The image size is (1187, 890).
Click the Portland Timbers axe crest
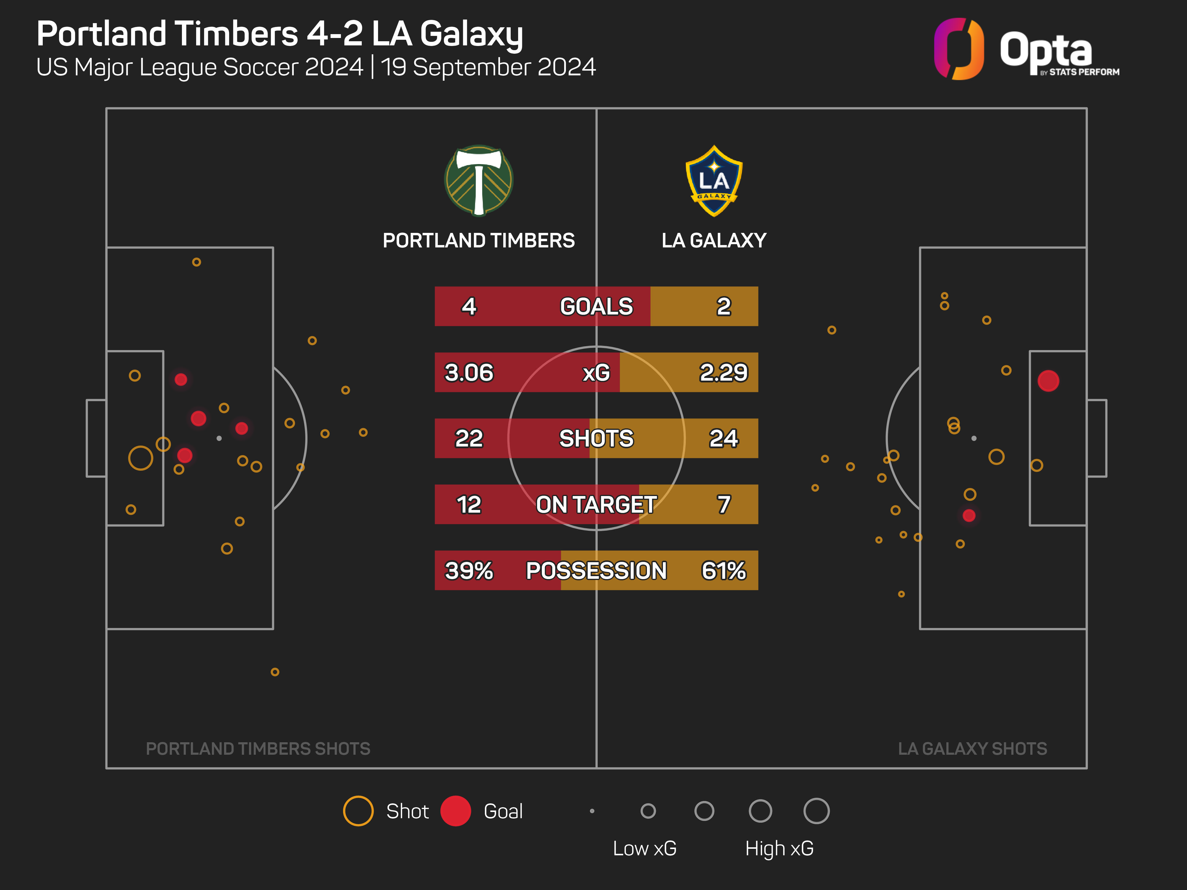tap(479, 181)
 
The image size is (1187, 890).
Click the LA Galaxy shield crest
tap(714, 181)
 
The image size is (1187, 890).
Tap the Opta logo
tap(1026, 49)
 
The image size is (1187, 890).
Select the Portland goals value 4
tap(469, 306)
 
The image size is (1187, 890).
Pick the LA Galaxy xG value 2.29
tap(723, 372)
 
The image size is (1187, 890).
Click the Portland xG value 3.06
tap(469, 372)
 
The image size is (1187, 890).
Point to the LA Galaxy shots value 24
tap(723, 438)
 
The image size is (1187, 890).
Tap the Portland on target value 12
tap(469, 504)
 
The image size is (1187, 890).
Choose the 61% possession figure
tap(723, 570)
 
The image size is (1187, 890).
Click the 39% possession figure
tap(469, 570)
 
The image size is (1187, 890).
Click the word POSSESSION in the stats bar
tap(596, 570)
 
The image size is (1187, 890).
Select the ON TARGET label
tap(596, 504)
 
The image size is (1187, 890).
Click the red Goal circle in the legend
tap(456, 810)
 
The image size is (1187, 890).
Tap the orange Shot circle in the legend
tap(358, 810)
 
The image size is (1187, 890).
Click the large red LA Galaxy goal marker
tap(1048, 381)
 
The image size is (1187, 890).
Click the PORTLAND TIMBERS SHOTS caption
tap(258, 748)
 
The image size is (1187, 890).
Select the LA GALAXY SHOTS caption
tap(972, 748)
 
